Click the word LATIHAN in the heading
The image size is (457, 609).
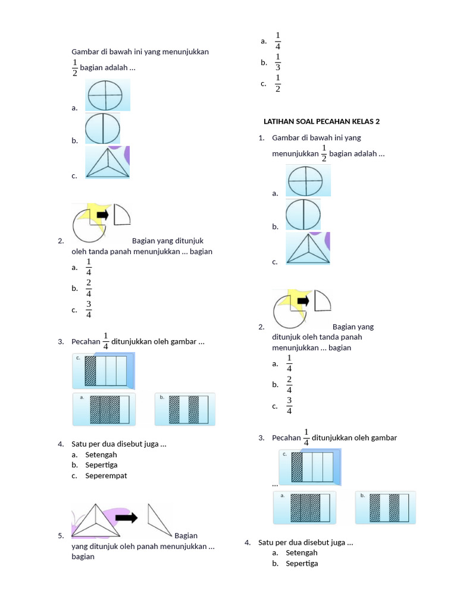277,121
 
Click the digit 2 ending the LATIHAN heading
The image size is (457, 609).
377,121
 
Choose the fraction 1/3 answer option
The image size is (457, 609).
278,62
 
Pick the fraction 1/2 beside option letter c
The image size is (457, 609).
278,83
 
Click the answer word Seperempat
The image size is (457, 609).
106,476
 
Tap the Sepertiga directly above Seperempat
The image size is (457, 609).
101,465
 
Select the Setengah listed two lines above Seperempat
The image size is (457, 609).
101,455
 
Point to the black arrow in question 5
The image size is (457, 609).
126,517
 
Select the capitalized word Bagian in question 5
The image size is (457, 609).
186,536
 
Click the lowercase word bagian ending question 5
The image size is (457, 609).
83,557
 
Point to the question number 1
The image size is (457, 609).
261,138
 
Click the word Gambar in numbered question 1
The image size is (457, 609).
284,138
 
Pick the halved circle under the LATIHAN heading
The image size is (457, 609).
303,215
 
